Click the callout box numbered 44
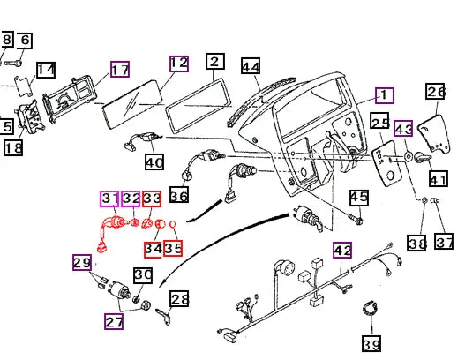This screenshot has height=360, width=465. coord(251,66)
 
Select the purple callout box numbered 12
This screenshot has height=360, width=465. coord(179,64)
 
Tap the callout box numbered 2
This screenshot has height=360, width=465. coord(215,62)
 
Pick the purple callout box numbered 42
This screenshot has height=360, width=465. coord(342,250)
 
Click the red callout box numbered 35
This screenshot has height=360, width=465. coord(173,248)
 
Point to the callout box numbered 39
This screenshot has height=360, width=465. coord(371,344)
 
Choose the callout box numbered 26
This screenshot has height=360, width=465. coord(435,92)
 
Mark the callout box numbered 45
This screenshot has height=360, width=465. coord(359,198)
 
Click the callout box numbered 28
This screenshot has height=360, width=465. coord(179,298)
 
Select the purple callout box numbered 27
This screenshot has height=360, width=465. coord(114,321)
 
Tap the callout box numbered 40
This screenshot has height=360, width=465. coord(154,161)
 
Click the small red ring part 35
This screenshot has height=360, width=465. coord(173,224)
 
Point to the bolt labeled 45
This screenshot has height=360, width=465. coord(356,220)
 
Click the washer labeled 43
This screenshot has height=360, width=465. coord(409,156)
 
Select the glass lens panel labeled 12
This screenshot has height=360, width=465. coord(132,104)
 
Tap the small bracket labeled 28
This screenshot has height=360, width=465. coord(164,316)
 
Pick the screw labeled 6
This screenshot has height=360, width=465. coord(13,63)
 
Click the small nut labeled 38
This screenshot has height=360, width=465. coord(424,200)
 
